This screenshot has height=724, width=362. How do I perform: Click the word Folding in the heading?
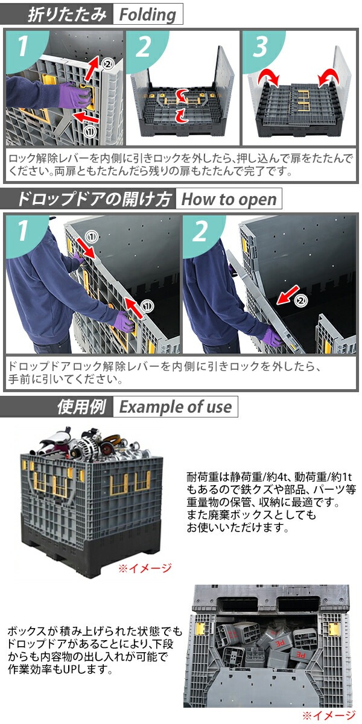click(x=147, y=14)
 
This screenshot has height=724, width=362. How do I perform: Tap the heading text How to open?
click(x=229, y=199)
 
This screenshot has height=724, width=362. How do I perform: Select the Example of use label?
click(x=175, y=407)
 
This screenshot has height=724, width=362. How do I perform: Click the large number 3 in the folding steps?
click(x=260, y=48)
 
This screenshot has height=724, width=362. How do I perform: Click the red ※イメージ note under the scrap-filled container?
click(x=144, y=568)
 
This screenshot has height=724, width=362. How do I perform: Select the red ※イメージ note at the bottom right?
click(x=329, y=716)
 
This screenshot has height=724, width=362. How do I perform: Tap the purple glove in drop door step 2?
click(x=272, y=336)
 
